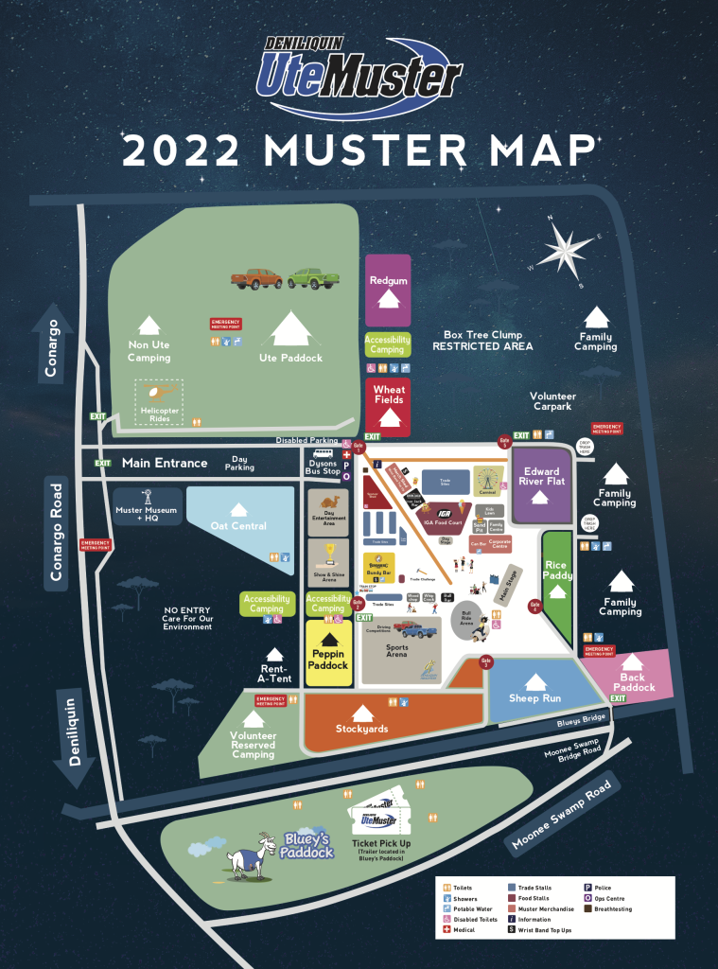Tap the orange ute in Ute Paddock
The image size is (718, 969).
(x=256, y=278)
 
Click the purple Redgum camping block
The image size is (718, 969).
(x=388, y=290)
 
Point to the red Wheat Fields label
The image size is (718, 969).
(x=388, y=395)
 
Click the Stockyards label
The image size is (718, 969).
(x=361, y=728)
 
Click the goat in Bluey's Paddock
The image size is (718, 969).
(x=248, y=859)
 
